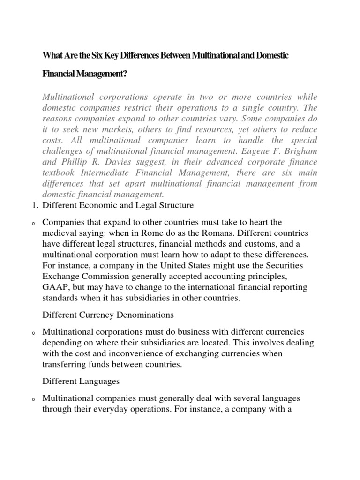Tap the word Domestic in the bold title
(270, 56)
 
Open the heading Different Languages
(81, 382)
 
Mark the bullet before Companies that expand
(34, 223)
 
